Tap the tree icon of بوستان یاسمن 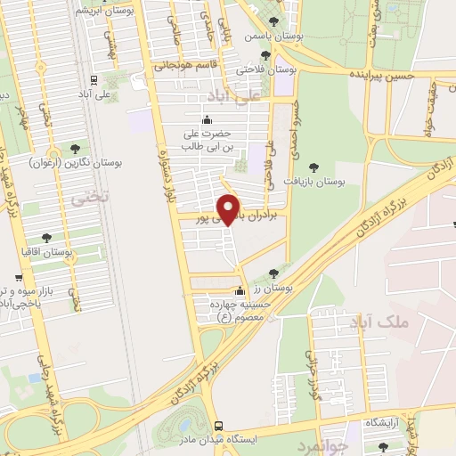(273, 20)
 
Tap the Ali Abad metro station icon (94, 77)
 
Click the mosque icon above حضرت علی (208, 120)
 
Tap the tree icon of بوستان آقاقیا (46, 238)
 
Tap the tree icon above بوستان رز (273, 273)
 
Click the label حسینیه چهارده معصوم (239, 310)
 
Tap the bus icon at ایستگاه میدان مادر (218, 425)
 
